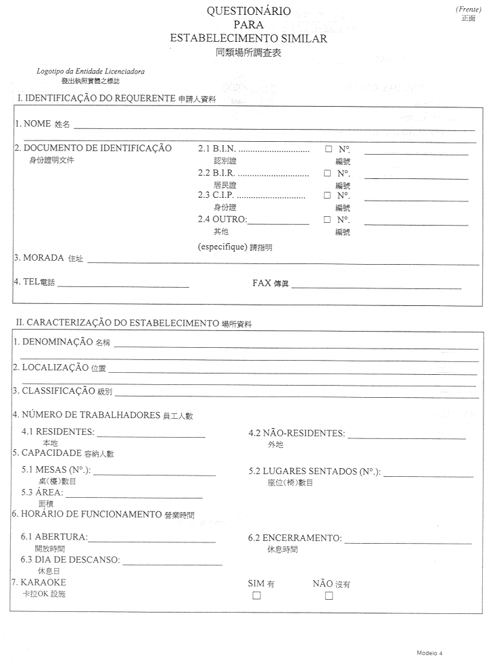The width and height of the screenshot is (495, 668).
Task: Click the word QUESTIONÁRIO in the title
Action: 248,11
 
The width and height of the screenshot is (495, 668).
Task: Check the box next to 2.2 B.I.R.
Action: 327,173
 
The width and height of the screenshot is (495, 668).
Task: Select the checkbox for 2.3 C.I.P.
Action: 327,196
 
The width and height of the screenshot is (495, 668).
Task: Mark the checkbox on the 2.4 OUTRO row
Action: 327,220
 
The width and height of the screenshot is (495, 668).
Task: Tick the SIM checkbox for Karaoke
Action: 256,596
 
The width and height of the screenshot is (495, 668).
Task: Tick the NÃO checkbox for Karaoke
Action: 329,596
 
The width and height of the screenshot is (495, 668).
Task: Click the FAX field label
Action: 262,283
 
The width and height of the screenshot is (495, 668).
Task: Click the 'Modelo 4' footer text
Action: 429,653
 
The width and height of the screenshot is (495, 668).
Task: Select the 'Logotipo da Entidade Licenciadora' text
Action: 90,71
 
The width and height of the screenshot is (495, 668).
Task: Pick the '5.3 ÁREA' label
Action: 42,492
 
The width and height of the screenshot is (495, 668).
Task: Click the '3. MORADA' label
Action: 39,258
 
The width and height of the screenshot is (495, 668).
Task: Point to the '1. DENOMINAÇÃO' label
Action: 52,342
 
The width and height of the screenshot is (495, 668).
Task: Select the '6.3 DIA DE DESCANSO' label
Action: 70,560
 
